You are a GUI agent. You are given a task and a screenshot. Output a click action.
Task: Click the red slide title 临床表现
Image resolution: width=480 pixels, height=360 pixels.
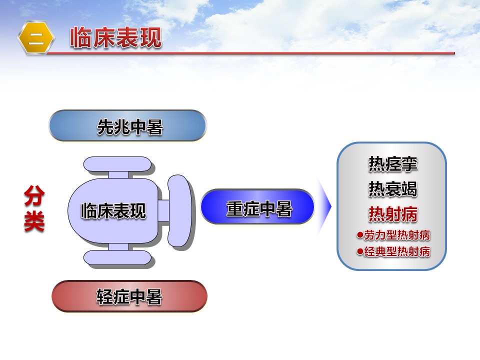pos(115,37)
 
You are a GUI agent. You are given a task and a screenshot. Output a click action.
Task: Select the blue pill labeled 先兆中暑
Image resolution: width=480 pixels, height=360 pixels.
pos(127,125)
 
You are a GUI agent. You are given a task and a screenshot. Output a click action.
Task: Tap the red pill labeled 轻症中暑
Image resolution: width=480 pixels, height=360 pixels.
pos(129,296)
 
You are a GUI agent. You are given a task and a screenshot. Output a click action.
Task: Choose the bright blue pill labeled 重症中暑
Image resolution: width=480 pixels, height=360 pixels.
pos(257,206)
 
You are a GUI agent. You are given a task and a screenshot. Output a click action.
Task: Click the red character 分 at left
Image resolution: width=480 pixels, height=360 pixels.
pos(34,195)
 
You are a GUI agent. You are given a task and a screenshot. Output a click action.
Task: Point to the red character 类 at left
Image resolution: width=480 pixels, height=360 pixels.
pos(34,221)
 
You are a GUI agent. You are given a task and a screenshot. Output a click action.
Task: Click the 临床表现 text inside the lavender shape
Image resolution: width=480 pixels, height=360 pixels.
pos(113,210)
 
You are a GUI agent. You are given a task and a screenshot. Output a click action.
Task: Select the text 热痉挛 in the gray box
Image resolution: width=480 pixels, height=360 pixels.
pos(393,163)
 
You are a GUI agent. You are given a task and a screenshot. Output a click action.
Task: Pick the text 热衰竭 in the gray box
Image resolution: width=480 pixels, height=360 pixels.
pos(393,188)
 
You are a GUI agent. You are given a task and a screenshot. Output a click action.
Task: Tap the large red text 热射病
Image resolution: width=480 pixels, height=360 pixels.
pos(393,213)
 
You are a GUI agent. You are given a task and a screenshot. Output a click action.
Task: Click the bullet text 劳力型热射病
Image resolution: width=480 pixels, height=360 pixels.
pos(397,235)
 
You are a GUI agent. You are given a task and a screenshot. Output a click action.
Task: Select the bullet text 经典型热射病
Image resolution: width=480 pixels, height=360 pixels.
pos(397,251)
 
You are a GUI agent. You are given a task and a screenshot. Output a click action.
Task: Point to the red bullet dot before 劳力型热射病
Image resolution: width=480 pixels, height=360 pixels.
pos(360,235)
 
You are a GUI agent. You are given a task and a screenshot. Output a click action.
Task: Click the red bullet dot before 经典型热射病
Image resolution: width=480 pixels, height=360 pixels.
pos(360,251)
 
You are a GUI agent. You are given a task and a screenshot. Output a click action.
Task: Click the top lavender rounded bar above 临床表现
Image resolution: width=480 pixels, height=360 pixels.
pos(117,164)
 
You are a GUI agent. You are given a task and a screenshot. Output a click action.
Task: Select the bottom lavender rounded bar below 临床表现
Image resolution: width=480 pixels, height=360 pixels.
pos(117,258)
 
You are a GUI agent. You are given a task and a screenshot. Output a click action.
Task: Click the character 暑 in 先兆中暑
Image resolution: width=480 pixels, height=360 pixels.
pos(155,126)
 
